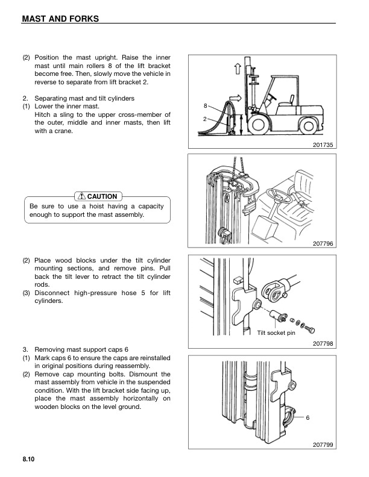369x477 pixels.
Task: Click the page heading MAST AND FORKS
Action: (60, 19)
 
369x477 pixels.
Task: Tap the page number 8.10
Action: (29, 460)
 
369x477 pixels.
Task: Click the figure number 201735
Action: (323, 145)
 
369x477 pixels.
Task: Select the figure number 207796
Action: (323, 243)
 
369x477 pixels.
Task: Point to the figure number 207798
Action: (323, 343)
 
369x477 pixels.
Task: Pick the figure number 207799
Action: (323, 444)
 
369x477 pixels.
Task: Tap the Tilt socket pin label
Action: (276, 332)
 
